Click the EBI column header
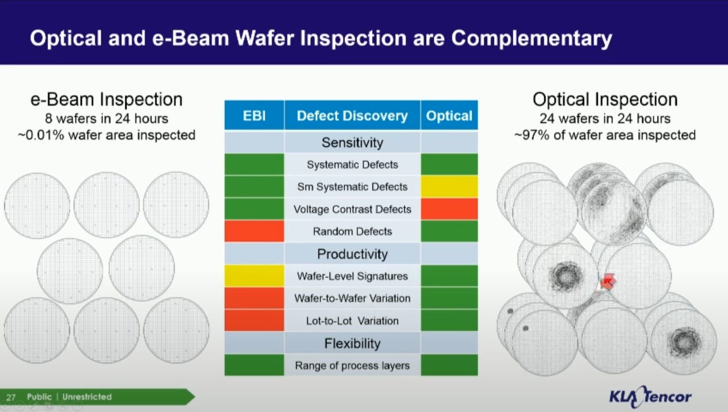(254, 115)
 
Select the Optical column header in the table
(449, 115)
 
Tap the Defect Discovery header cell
(353, 115)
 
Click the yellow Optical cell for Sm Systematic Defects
(449, 186)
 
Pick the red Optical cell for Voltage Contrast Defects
(449, 209)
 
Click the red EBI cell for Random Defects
(254, 231)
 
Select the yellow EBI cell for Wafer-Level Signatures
(254, 276)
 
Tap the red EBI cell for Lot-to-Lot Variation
(254, 320)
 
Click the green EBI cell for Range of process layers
(254, 365)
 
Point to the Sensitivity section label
(353, 143)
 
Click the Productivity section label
(353, 254)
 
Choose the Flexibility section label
(353, 343)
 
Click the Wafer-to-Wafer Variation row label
(353, 299)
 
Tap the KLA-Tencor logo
(650, 397)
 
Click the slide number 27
(11, 397)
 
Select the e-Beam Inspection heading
(106, 100)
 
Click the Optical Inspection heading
(605, 100)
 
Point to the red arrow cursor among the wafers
(607, 281)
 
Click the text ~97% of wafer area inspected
(605, 135)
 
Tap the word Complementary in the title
(532, 38)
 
